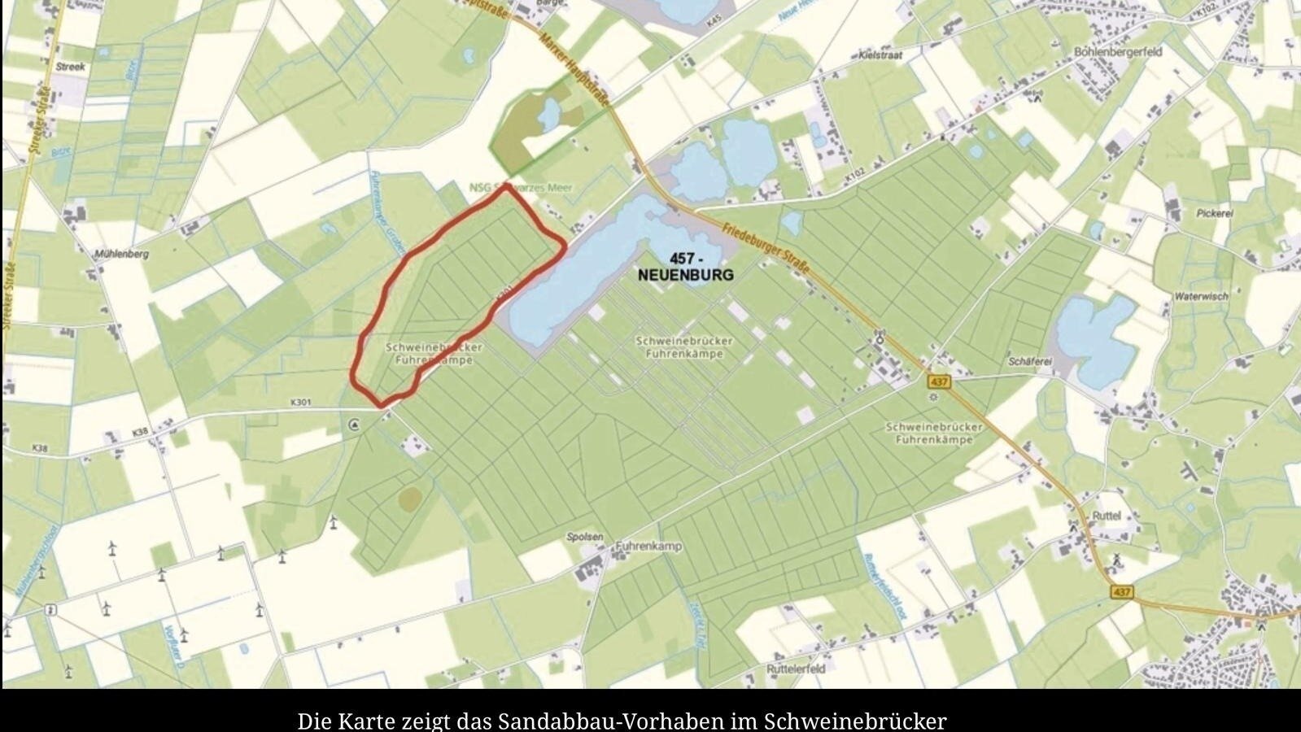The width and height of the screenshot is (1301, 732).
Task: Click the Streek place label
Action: [x=71, y=68]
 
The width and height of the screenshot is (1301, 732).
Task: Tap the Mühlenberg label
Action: [x=121, y=254]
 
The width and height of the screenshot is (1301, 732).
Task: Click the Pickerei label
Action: [x=1215, y=213]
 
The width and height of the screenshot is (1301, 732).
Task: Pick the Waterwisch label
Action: [x=1201, y=297]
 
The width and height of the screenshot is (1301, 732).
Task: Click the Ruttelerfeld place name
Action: [x=796, y=669]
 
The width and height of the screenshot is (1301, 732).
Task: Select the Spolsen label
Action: [x=585, y=537]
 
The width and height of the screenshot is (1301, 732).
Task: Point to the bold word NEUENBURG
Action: [x=685, y=275]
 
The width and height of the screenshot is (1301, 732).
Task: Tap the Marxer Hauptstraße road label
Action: [x=570, y=66]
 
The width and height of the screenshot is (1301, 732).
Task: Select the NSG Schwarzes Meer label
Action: [x=521, y=188]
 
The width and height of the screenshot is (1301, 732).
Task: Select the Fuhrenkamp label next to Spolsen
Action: [x=648, y=547]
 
